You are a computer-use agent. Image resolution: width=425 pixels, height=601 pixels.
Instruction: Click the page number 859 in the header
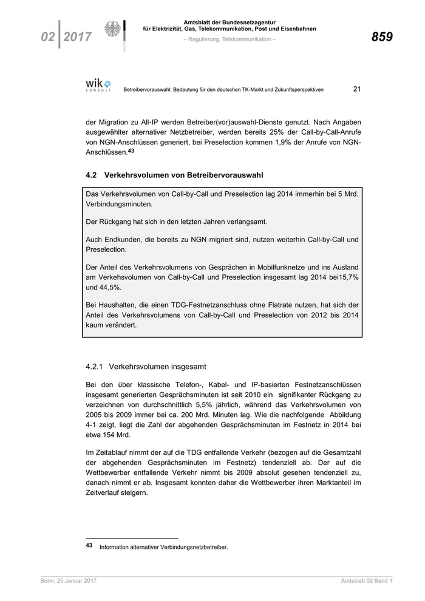(x=382, y=37)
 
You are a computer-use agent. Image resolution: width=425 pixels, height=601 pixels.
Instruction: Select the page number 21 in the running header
(x=357, y=89)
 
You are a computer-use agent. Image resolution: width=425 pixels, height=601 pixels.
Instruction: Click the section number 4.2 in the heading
(x=92, y=175)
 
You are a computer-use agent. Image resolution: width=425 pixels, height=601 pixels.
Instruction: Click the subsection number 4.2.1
(x=97, y=367)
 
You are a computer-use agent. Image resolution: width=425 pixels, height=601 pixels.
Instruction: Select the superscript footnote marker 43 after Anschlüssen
(x=131, y=151)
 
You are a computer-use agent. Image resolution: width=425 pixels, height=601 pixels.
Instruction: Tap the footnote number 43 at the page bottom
(x=90, y=546)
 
